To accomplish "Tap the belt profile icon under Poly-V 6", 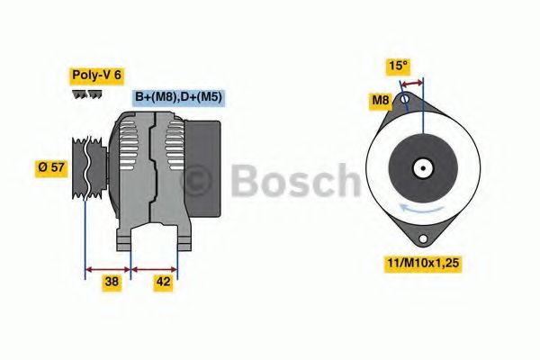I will [86, 94].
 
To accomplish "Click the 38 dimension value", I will [112, 282].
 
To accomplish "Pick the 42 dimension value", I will [164, 282].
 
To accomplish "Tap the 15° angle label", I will [399, 66].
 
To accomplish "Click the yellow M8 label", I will [380, 101].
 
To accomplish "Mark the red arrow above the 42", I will [155, 267].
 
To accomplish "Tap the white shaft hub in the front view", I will [421, 167].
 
